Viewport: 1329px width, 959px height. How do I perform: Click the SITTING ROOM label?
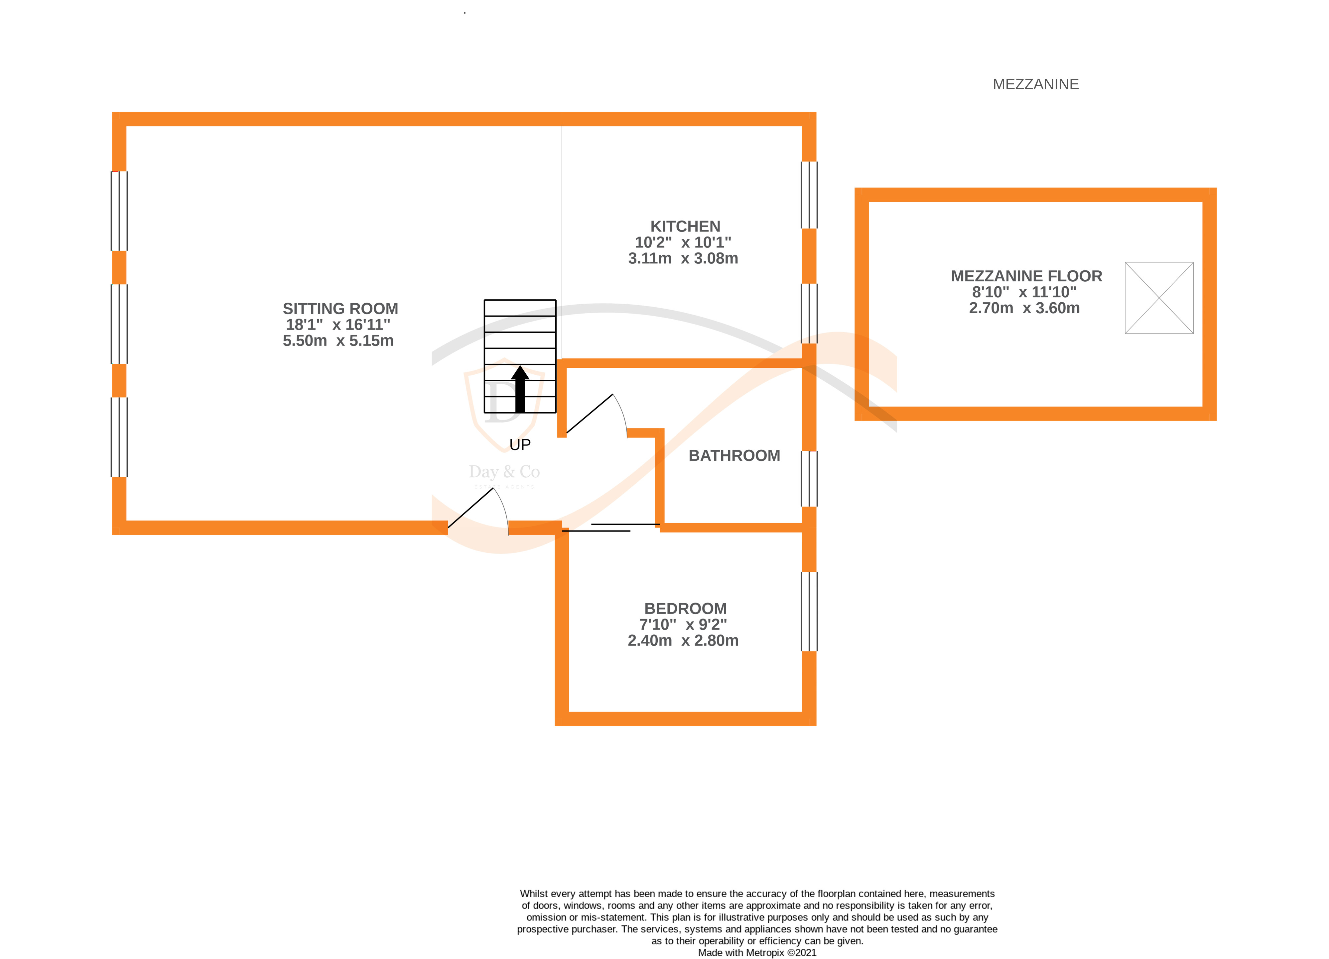340,309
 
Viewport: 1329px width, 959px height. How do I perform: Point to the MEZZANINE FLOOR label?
1026,276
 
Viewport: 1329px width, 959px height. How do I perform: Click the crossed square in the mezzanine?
1158,298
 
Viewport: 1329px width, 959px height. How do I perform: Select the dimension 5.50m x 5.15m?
338,341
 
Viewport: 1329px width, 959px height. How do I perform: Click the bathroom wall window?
809,478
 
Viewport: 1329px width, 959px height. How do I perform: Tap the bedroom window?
809,611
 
